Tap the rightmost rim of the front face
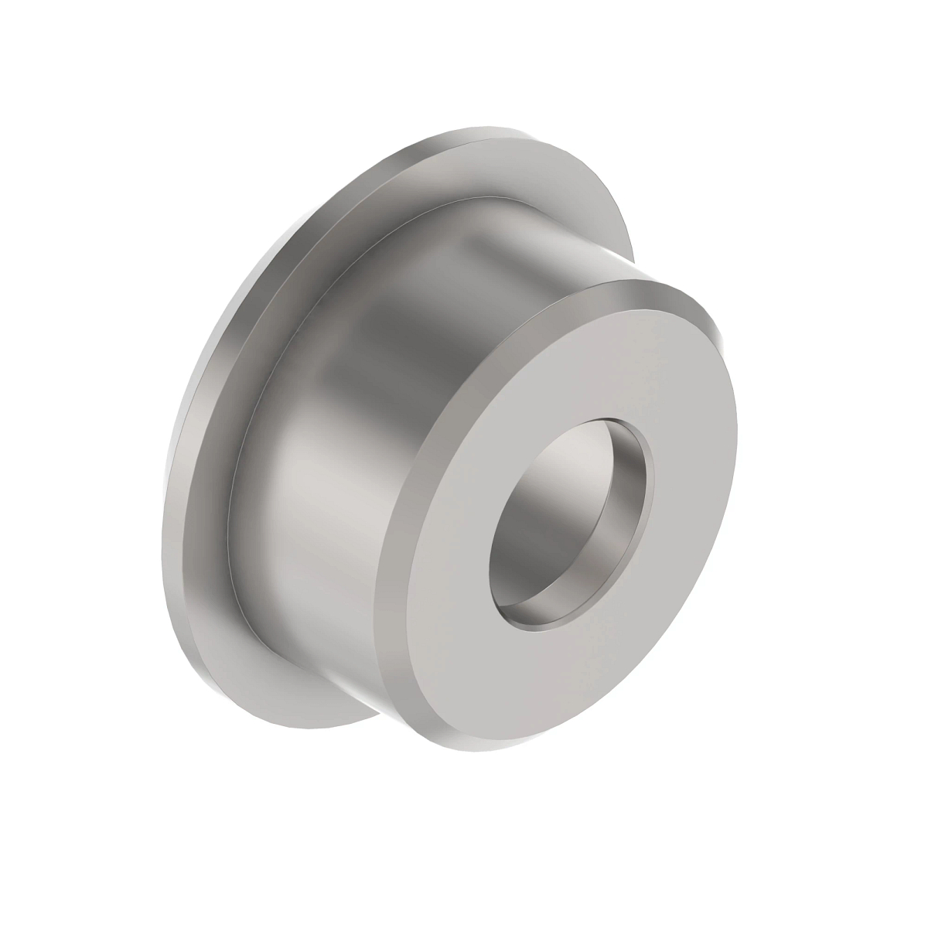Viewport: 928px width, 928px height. coord(733,433)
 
